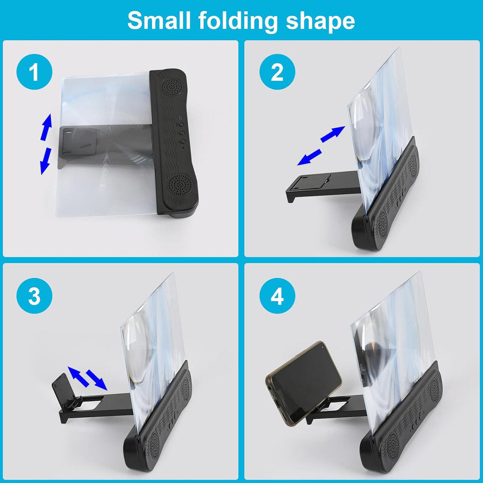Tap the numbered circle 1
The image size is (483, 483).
point(34,72)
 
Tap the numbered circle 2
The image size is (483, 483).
point(277,72)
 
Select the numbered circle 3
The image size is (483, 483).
point(34,296)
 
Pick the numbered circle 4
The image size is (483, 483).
point(277,296)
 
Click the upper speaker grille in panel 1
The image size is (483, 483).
point(172,86)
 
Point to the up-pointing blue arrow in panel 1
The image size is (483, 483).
point(46,127)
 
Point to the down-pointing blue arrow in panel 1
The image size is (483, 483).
point(45,161)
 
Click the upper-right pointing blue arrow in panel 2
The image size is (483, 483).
point(333,134)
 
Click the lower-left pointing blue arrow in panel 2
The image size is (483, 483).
point(309,157)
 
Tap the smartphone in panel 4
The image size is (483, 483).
point(304,383)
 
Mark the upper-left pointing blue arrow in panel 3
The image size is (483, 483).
point(78,377)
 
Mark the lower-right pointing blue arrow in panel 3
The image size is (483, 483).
point(97,380)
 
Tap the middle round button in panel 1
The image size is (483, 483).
point(182,133)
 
